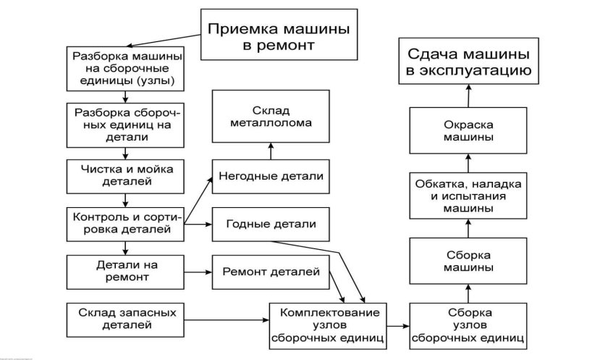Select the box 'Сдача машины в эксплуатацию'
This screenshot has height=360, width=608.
click(469, 62)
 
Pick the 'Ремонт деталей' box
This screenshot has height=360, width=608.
click(271, 272)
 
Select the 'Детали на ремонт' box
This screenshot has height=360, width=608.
click(126, 270)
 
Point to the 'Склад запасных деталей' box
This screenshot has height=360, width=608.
click(126, 318)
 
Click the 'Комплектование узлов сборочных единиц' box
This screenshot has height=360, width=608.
click(325, 324)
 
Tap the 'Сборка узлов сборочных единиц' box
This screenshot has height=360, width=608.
click(468, 324)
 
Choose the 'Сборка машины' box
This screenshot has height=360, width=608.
click(468, 261)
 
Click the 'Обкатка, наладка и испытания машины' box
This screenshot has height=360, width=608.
click(468, 196)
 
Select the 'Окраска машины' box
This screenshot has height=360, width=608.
click(468, 130)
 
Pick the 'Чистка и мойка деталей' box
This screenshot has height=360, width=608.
click(126, 174)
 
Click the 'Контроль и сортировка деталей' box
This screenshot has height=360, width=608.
click(126, 223)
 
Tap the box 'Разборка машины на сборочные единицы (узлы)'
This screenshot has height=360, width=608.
click(126, 66)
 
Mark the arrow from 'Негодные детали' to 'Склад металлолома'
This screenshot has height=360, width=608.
click(272, 151)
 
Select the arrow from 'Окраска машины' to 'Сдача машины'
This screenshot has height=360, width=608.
click(468, 95)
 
